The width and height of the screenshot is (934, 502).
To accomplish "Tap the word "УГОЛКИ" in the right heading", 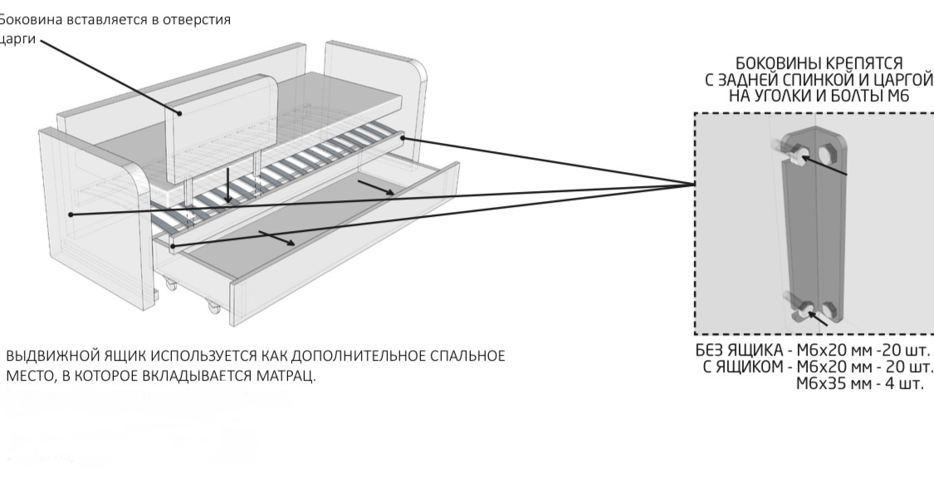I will (792, 96).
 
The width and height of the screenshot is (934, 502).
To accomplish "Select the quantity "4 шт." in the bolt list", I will (901, 384).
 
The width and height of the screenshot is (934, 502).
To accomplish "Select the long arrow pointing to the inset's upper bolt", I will (823, 165).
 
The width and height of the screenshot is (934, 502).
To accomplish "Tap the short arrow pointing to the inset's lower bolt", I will (819, 317).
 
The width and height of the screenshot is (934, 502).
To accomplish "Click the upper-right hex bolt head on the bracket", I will (827, 153).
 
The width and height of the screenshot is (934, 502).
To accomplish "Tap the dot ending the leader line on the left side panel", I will (71, 214).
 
